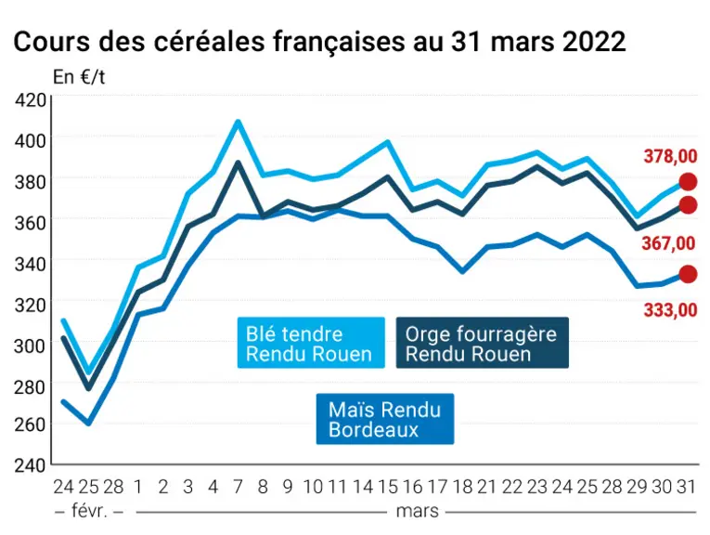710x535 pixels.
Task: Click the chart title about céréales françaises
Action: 319,42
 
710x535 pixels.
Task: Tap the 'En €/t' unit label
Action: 79,77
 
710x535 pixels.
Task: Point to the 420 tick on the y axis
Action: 31,99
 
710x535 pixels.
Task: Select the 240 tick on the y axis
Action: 31,465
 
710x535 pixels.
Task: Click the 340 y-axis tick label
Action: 31,264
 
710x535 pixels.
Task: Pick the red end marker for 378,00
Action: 688,182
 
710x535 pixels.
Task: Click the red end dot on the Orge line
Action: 688,204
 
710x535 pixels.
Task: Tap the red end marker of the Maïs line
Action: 688,274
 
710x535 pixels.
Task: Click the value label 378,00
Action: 670,156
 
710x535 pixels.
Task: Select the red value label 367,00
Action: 668,243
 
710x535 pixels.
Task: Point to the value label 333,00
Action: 670,310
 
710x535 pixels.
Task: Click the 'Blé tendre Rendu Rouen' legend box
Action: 311,343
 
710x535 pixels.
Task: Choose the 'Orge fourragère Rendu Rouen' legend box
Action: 483,343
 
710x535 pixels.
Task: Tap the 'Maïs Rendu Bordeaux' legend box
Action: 385,419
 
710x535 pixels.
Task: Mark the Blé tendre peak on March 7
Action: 238,122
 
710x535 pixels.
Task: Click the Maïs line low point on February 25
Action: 89,424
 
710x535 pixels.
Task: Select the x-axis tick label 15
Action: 388,487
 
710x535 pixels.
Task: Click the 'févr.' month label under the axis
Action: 89,512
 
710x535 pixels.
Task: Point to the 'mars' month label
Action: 417,512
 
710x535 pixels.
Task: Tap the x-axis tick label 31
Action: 687,487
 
